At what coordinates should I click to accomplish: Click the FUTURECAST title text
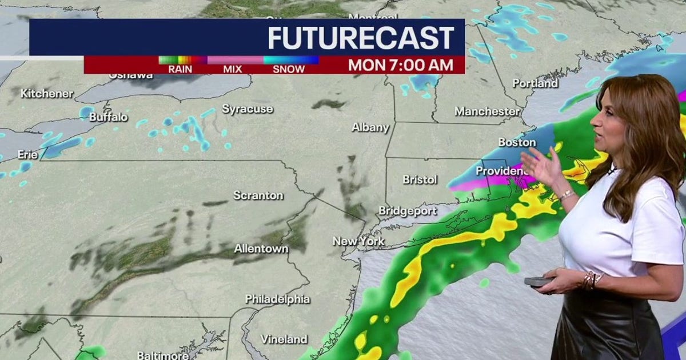point(361,38)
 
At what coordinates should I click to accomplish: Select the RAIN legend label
point(180,69)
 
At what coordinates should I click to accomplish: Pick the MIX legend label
point(233,69)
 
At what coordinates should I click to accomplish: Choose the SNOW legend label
point(289,69)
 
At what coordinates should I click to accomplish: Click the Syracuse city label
point(248,109)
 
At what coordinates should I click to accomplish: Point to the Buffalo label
point(108,117)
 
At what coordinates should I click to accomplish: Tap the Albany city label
point(370,127)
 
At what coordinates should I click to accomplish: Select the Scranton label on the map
point(258,195)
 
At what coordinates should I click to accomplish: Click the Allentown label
point(261,249)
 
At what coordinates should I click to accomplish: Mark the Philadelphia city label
point(277,299)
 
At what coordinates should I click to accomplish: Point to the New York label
point(358,241)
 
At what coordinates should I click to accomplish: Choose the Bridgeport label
point(408,211)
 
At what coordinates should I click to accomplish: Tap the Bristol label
point(420,179)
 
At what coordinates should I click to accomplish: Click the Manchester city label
point(487,111)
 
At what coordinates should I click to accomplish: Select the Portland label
point(535,83)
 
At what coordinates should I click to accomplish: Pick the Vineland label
point(284,339)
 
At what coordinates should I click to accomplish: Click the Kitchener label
point(47,93)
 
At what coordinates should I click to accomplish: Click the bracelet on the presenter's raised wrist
point(565,195)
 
